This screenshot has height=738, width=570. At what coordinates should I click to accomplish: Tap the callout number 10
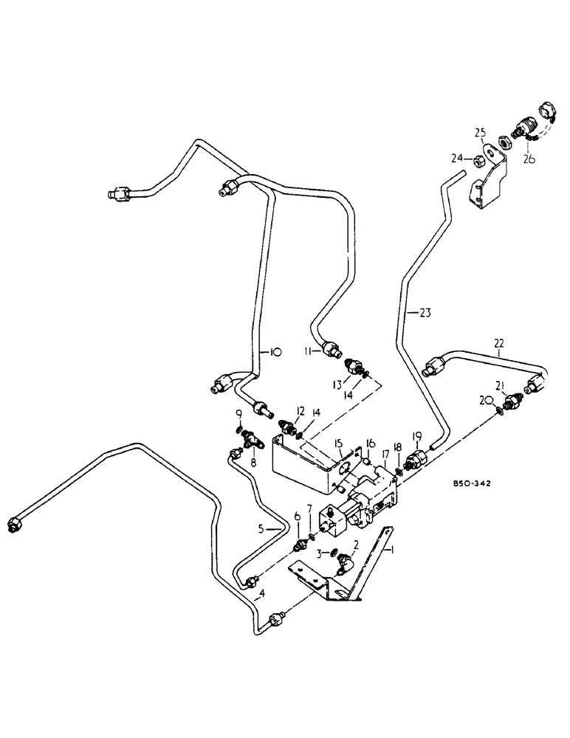(274, 353)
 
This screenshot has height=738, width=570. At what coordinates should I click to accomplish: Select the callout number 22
(499, 342)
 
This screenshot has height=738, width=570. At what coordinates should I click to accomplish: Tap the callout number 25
(480, 133)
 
